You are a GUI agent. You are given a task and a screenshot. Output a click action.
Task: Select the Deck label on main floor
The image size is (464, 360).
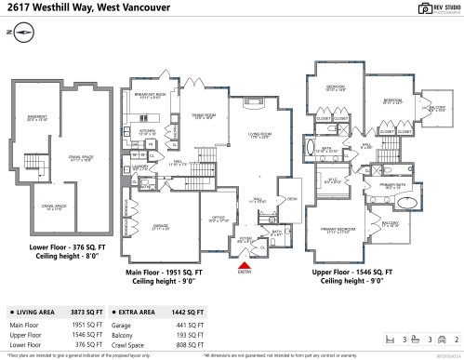point(291,198)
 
